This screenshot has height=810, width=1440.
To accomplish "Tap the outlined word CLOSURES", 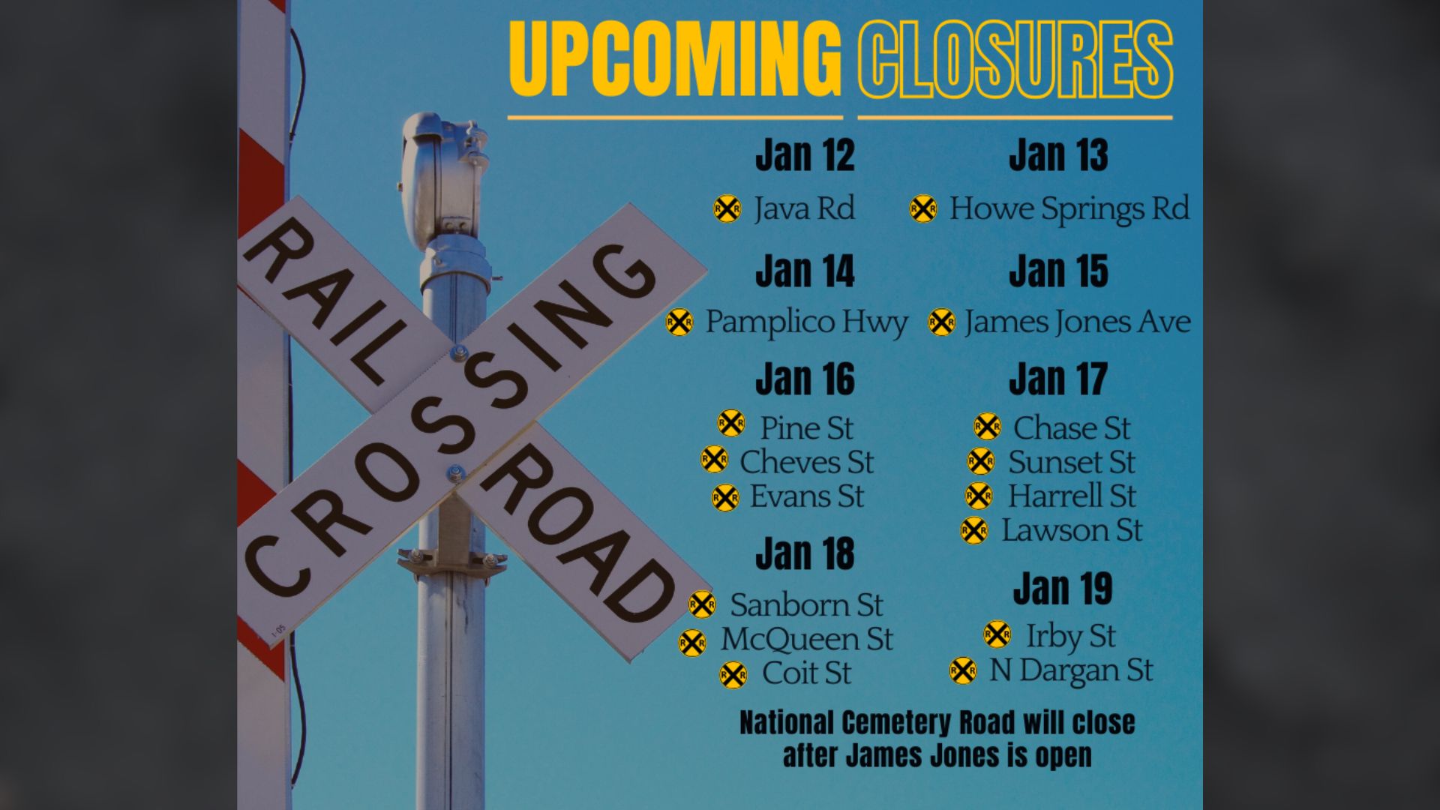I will [x=1015, y=60].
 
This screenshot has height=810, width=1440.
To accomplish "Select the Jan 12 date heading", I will [x=805, y=155].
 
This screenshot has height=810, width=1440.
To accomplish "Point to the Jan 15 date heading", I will [x=1057, y=271].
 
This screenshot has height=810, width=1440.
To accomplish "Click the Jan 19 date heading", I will [x=1062, y=589].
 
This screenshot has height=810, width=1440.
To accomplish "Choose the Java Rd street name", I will [x=804, y=208].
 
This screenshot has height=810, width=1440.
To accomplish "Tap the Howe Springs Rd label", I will [x=1069, y=208].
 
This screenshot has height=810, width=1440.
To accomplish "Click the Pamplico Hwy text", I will [x=806, y=322].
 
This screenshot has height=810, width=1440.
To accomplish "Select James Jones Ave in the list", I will [x=1077, y=322].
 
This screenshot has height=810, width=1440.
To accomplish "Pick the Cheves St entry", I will [x=806, y=462].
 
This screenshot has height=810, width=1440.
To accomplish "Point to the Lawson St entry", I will [x=1072, y=530].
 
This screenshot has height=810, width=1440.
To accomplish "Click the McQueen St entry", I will [x=806, y=639].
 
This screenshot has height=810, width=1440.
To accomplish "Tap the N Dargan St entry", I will [x=1070, y=670].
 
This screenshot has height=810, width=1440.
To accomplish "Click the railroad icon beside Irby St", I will [x=997, y=634].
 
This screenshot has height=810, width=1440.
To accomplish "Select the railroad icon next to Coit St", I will [x=733, y=674].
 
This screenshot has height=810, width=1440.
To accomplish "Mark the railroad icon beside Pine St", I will [x=731, y=424].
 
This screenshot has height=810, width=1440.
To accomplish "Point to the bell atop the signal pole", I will [x=442, y=176].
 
